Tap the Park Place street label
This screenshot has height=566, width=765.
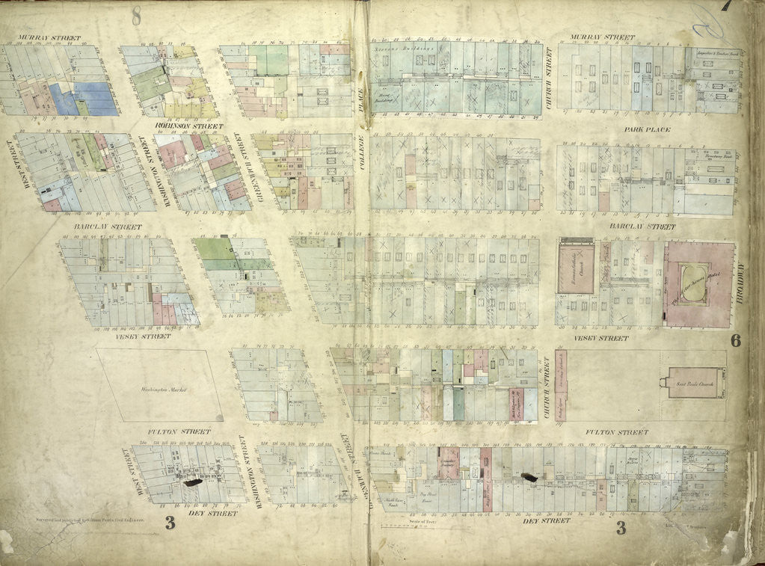tap(648, 130)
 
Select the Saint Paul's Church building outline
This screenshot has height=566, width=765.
tap(695, 382)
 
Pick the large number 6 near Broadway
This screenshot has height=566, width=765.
tap(735, 341)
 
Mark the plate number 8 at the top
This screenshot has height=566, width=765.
tap(136, 13)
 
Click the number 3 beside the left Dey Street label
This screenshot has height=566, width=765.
tap(170, 523)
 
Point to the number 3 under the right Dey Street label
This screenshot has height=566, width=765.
tap(620, 529)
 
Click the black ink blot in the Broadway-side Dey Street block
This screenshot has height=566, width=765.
tap(529, 476)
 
